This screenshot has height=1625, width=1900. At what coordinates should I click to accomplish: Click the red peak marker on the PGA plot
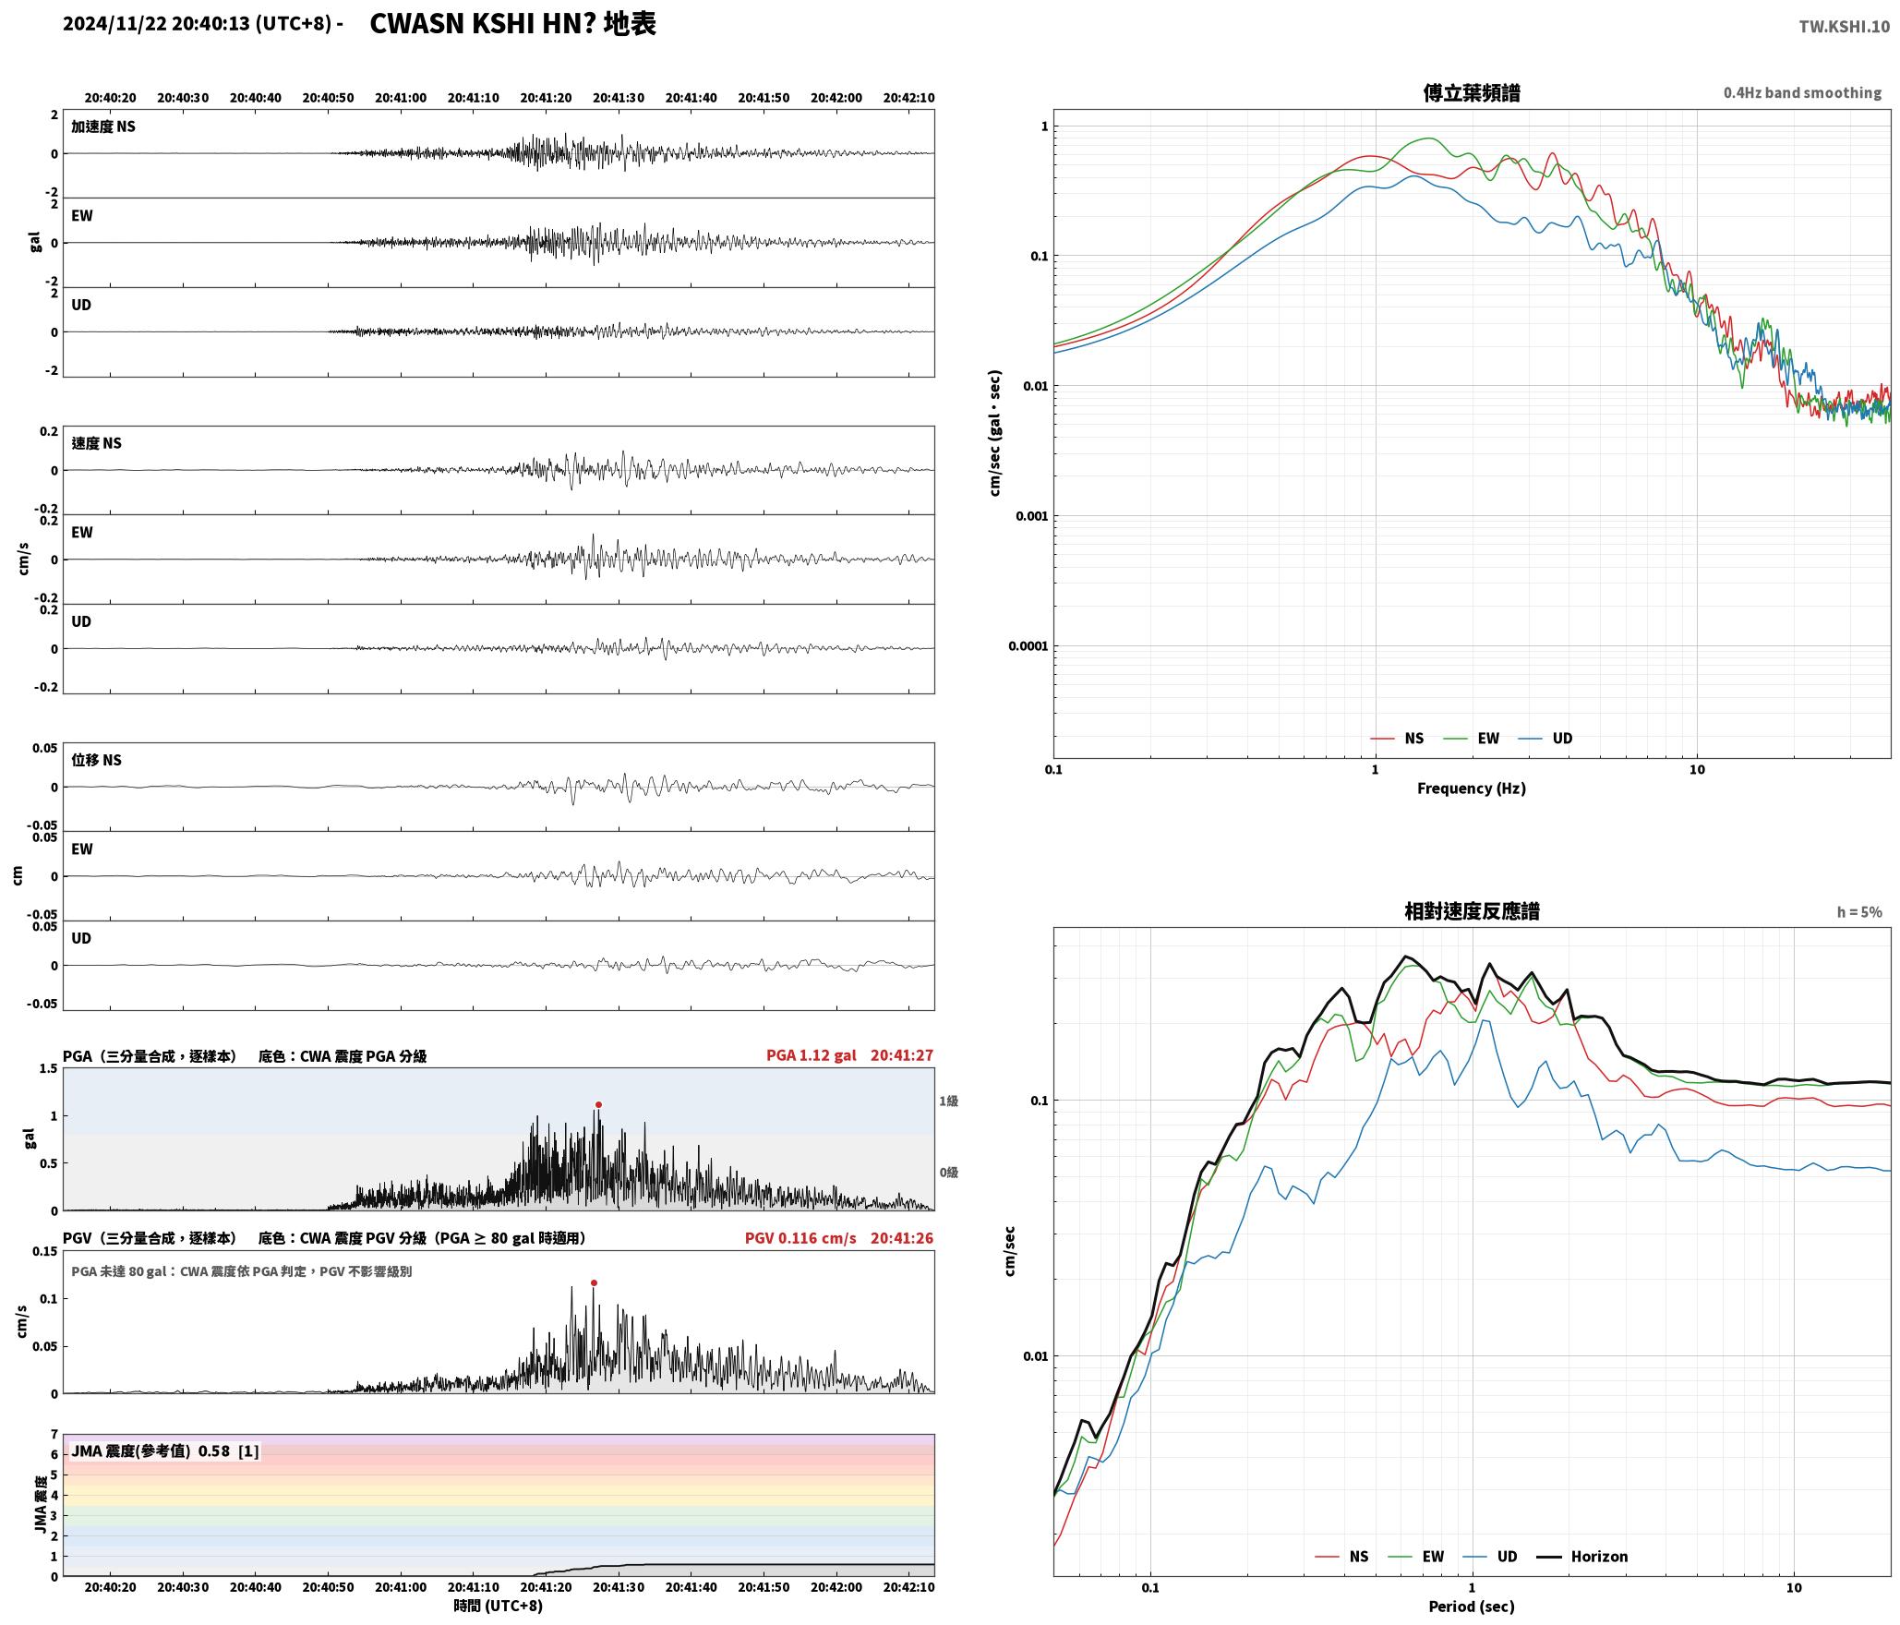[598, 1104]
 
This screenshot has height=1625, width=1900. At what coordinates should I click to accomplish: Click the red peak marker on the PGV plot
[594, 1282]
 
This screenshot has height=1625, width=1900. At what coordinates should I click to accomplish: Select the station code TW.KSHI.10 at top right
[1844, 27]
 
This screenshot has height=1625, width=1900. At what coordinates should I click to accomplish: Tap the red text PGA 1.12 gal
[811, 1055]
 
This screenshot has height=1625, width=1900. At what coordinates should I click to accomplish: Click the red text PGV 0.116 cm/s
[800, 1238]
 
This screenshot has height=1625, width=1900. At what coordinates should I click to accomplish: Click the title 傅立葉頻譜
[1472, 93]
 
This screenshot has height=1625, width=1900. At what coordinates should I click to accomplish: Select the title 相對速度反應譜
[1472, 911]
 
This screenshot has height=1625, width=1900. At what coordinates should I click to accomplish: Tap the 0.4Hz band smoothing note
[1802, 93]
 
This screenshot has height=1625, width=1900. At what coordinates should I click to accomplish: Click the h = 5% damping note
[1858, 912]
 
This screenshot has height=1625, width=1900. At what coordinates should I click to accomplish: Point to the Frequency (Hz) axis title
[1472, 788]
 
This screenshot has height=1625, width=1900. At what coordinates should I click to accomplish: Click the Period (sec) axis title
[1472, 1607]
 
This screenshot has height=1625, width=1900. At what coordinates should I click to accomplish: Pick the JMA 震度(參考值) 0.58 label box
[164, 1451]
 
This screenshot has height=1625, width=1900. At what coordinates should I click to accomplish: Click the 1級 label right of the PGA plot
[948, 1101]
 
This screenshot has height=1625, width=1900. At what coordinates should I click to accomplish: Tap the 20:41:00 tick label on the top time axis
[401, 98]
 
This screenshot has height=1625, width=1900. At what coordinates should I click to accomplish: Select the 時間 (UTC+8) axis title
[499, 1607]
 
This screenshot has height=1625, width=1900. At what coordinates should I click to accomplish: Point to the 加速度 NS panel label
[103, 126]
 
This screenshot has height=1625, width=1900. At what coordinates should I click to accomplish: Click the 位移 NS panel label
[97, 760]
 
